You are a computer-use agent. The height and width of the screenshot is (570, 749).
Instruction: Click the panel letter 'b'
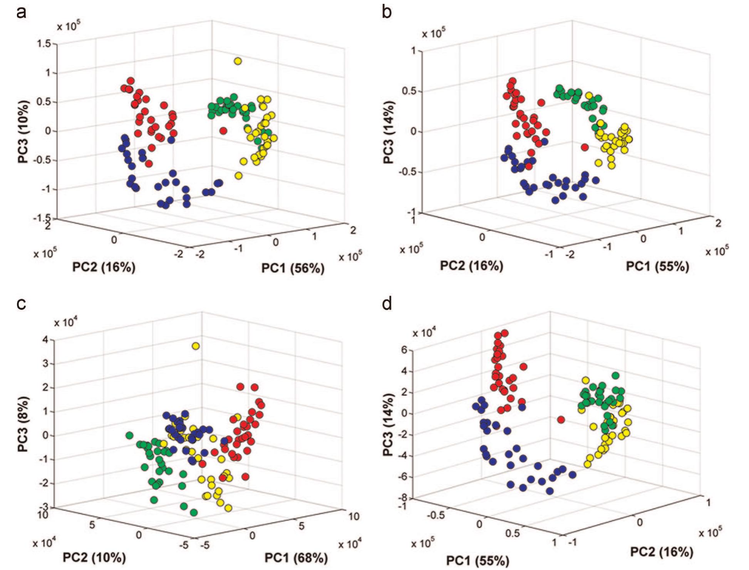click(387, 12)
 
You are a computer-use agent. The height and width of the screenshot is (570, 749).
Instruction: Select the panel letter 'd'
click(387, 304)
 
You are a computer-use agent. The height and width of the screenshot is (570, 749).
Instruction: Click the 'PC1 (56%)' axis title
click(293, 268)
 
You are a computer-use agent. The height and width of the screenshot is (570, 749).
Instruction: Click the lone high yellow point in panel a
click(238, 61)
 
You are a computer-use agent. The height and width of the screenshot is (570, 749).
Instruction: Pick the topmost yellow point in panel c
click(196, 346)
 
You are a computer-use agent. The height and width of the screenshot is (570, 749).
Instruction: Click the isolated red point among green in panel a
click(223, 131)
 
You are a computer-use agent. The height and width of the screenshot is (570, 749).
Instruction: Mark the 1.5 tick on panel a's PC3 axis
click(45, 43)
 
